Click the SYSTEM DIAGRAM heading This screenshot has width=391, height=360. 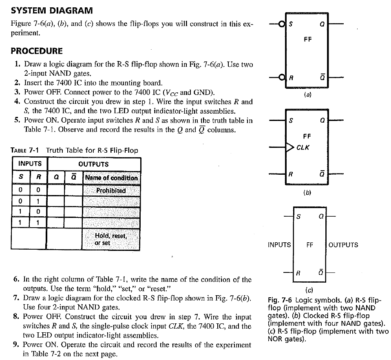coord(52,10)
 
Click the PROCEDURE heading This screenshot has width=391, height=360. coord(37,51)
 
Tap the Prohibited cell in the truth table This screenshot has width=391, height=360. coord(111,191)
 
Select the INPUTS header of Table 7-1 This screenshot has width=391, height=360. coord(30,164)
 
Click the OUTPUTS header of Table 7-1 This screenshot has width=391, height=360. coord(93,164)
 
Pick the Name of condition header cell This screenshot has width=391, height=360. coord(111,178)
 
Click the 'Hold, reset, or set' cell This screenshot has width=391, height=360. coord(111,239)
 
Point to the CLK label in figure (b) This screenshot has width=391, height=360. coord(303,147)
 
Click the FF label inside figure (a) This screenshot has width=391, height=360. coord(308,40)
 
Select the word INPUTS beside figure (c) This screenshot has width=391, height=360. coord(279,245)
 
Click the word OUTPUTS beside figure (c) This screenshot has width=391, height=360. coord(343,245)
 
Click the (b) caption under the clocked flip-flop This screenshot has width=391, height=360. coord(308,193)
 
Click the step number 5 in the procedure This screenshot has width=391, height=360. coord(17,120)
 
